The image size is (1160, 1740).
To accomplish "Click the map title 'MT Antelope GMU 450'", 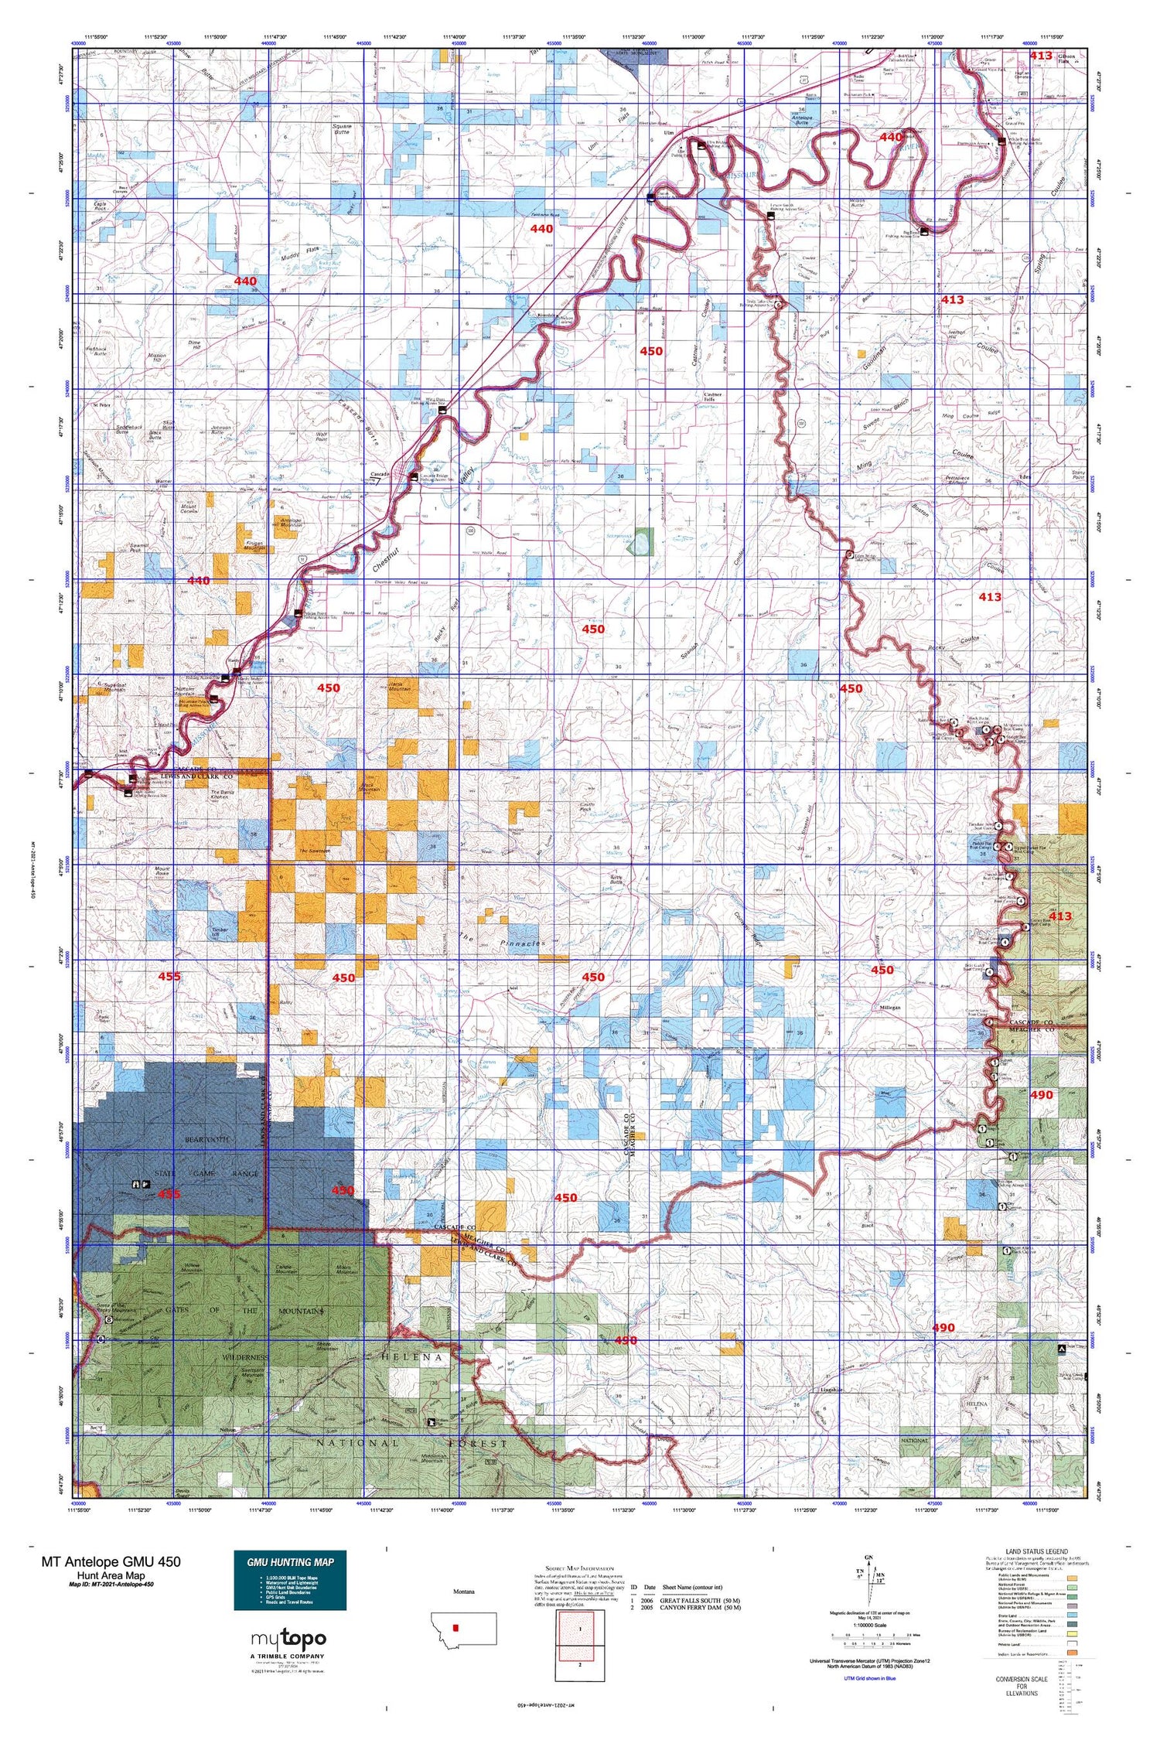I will pyautogui.click(x=111, y=1561).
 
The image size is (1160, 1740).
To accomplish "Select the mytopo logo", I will pyautogui.click(x=288, y=1639).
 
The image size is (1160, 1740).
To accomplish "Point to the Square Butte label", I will pyautogui.click(x=342, y=128).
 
